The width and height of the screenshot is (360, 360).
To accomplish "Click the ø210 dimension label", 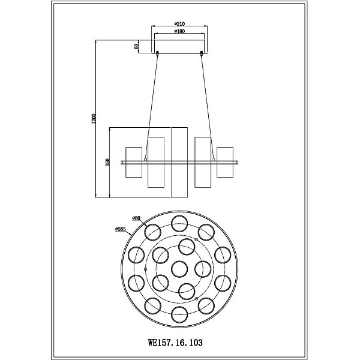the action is pyautogui.click(x=179, y=23).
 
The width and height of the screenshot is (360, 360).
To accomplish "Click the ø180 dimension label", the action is pyautogui.click(x=179, y=31).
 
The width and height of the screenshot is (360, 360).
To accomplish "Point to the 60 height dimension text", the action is pyautogui.click(x=137, y=46).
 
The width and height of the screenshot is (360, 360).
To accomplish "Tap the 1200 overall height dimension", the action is pyautogui.click(x=94, y=119).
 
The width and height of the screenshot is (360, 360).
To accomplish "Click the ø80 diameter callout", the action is pyautogui.click(x=136, y=218).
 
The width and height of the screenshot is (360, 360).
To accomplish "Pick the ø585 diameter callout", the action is pyautogui.click(x=121, y=229).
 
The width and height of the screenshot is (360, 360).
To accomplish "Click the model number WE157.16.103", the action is pyautogui.click(x=175, y=343).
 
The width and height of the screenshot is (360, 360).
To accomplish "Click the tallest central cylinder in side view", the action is pyautogui.click(x=179, y=163).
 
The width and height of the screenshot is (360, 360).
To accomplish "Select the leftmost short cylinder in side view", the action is pyautogui.click(x=134, y=163).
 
